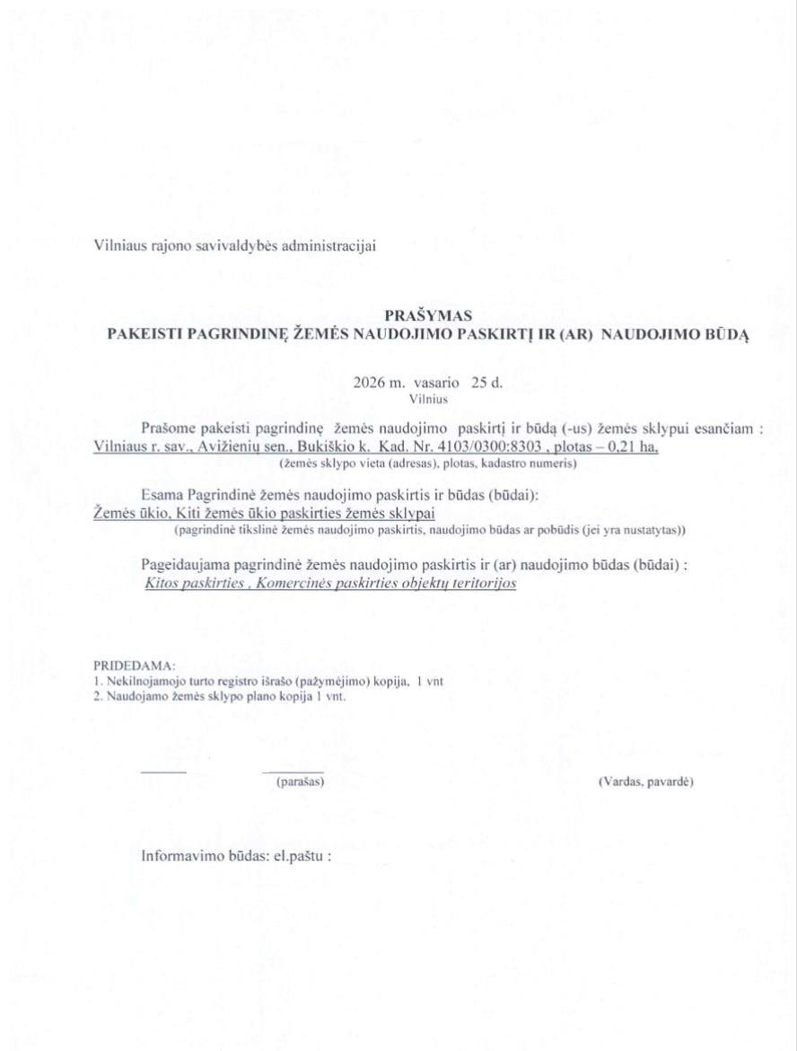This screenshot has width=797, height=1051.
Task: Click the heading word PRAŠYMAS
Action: point(422,315)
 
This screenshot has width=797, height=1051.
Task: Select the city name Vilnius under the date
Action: point(428,395)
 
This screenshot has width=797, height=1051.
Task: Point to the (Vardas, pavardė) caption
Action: point(645,782)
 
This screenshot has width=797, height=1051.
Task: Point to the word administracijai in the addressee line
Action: point(328,243)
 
